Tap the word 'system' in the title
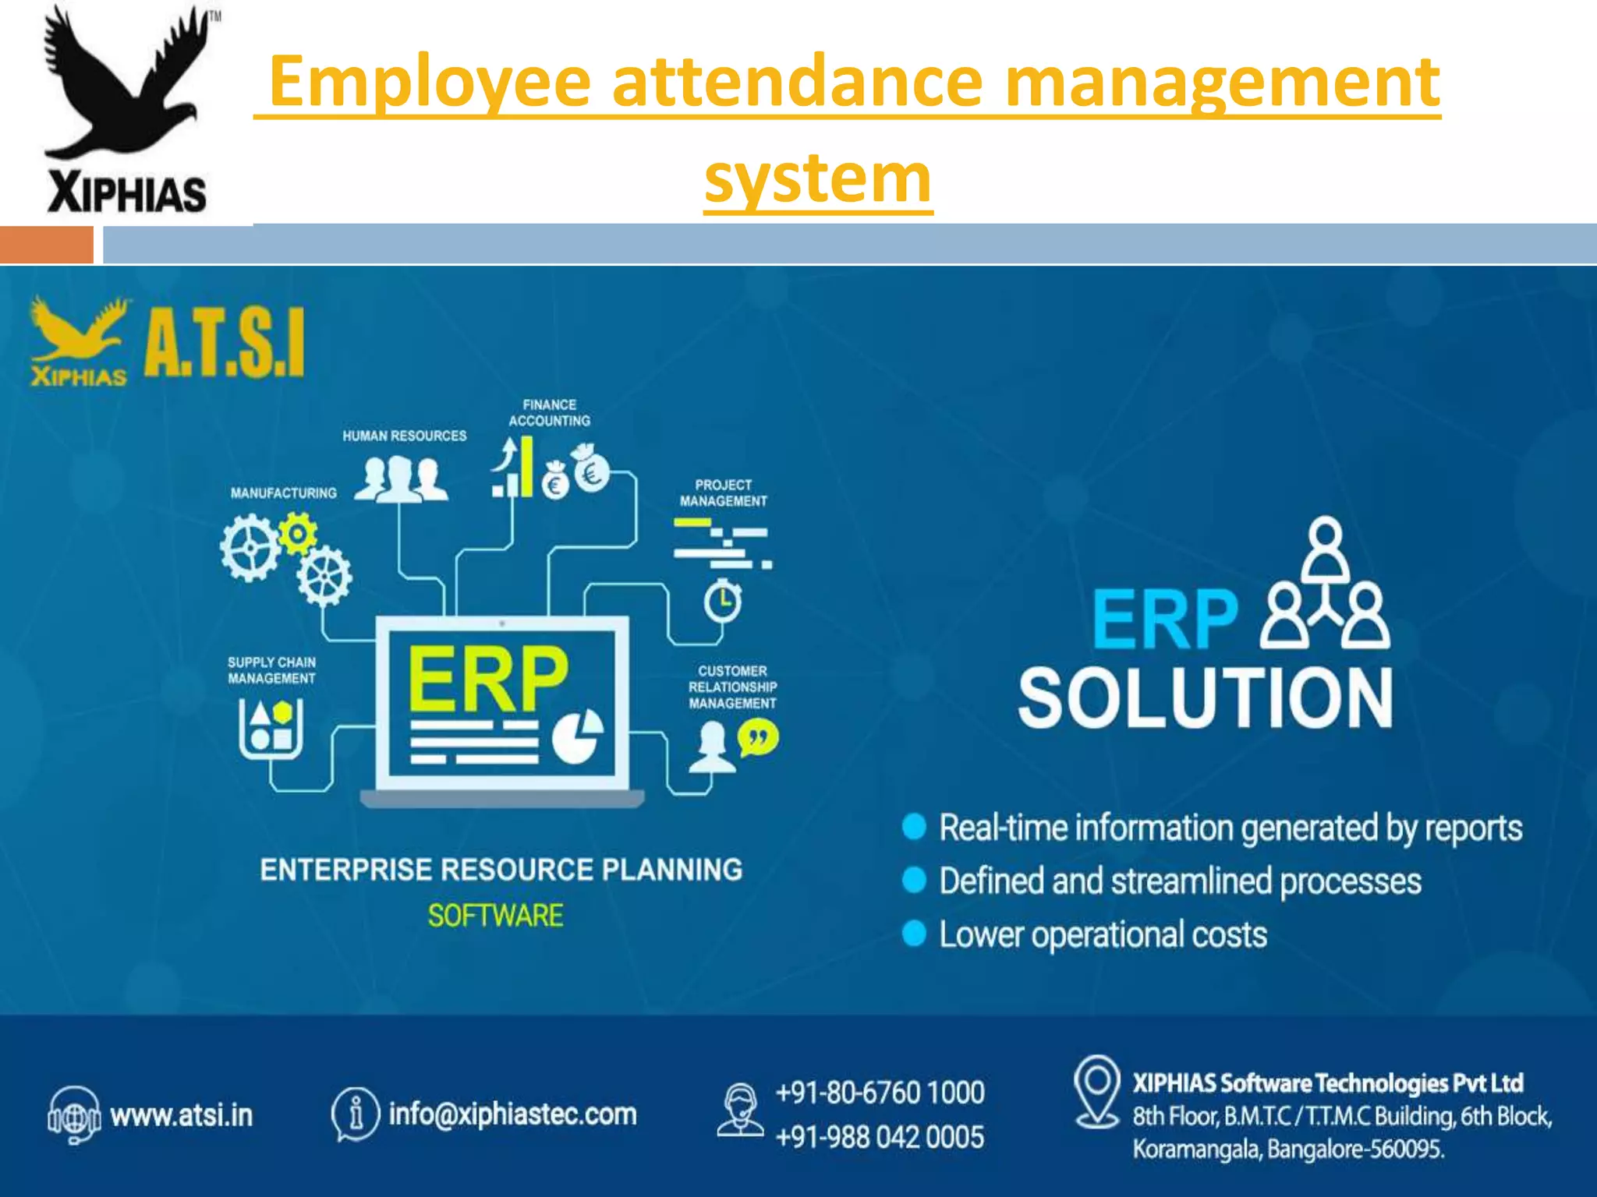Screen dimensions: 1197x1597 click(x=818, y=178)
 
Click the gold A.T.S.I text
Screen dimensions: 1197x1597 click(x=224, y=343)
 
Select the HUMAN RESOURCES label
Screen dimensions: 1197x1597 click(x=404, y=436)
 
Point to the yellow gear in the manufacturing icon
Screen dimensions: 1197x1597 click(x=297, y=534)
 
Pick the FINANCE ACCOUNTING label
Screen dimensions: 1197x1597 click(x=550, y=413)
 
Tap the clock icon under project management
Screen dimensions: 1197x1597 click(x=723, y=602)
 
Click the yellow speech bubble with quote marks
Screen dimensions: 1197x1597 click(x=758, y=737)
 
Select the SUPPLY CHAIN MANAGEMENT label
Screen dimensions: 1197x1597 click(x=271, y=670)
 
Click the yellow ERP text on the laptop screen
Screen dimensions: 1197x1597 click(x=487, y=679)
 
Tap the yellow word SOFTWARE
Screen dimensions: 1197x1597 click(x=495, y=916)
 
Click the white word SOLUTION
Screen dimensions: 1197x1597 click(x=1205, y=697)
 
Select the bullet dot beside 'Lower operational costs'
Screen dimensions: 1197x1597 click(x=914, y=934)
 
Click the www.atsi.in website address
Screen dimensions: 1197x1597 click(x=182, y=1116)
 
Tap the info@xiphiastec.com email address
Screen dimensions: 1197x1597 click(x=512, y=1114)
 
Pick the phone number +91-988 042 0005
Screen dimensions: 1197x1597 click(x=880, y=1138)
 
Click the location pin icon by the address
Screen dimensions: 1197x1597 click(x=1096, y=1089)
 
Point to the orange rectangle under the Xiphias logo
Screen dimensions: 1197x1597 click(x=47, y=245)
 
